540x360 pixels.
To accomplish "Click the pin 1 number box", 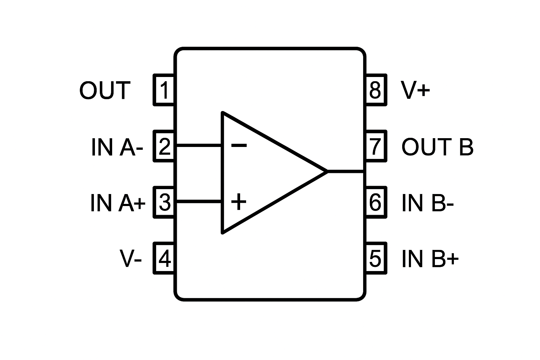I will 164,90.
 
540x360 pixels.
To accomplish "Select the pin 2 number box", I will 164,146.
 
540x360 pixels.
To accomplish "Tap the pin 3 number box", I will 164,202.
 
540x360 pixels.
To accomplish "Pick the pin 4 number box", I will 164,258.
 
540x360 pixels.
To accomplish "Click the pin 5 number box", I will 375,258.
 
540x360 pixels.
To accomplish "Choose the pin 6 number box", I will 375,202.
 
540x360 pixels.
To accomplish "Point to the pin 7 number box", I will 375,146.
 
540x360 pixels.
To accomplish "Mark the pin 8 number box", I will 375,90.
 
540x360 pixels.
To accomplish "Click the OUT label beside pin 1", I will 105,90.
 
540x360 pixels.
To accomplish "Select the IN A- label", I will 117,147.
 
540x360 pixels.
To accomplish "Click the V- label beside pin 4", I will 130,259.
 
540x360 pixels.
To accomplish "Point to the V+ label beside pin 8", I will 415,90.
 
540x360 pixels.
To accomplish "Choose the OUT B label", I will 437,147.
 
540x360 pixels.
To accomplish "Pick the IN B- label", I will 427,203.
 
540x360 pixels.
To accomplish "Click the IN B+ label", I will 430,259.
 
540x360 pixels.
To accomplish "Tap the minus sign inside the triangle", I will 239,145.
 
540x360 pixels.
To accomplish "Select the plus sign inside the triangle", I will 239,202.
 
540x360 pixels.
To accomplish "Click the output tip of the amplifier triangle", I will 326,171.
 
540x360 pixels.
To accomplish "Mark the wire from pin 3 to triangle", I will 199,201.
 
